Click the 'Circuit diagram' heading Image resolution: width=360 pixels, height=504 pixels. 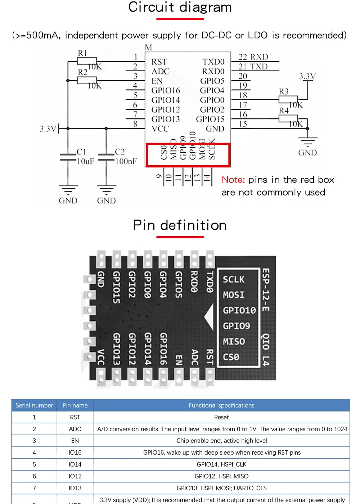tap(180, 7)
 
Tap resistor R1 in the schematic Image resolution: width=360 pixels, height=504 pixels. tap(87, 61)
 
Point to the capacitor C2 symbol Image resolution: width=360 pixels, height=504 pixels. tap(106, 156)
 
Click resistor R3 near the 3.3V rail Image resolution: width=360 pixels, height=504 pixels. tap(288, 100)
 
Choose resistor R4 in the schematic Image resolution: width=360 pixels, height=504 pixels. tap(288, 118)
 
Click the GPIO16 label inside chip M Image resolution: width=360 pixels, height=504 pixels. tap(166, 90)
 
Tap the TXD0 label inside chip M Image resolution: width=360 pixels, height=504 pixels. tap(213, 62)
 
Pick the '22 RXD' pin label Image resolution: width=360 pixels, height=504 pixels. tap(253, 57)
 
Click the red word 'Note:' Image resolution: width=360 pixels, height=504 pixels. tap(233, 180)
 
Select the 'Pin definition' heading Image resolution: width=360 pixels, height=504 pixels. tap(180, 225)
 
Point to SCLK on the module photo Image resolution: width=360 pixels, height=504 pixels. tap(233, 279)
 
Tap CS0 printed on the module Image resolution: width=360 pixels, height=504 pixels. tap(231, 357)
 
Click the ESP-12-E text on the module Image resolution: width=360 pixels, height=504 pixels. tap(266, 290)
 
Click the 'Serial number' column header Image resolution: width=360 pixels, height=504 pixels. tap(34, 405)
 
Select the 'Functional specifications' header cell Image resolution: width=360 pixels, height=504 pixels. tap(221, 405)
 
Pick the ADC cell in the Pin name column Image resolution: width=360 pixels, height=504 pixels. tap(75, 429)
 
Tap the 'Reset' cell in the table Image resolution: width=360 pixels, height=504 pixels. tap(221, 417)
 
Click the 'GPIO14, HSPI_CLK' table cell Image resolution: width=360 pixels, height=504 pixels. tap(221, 464)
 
